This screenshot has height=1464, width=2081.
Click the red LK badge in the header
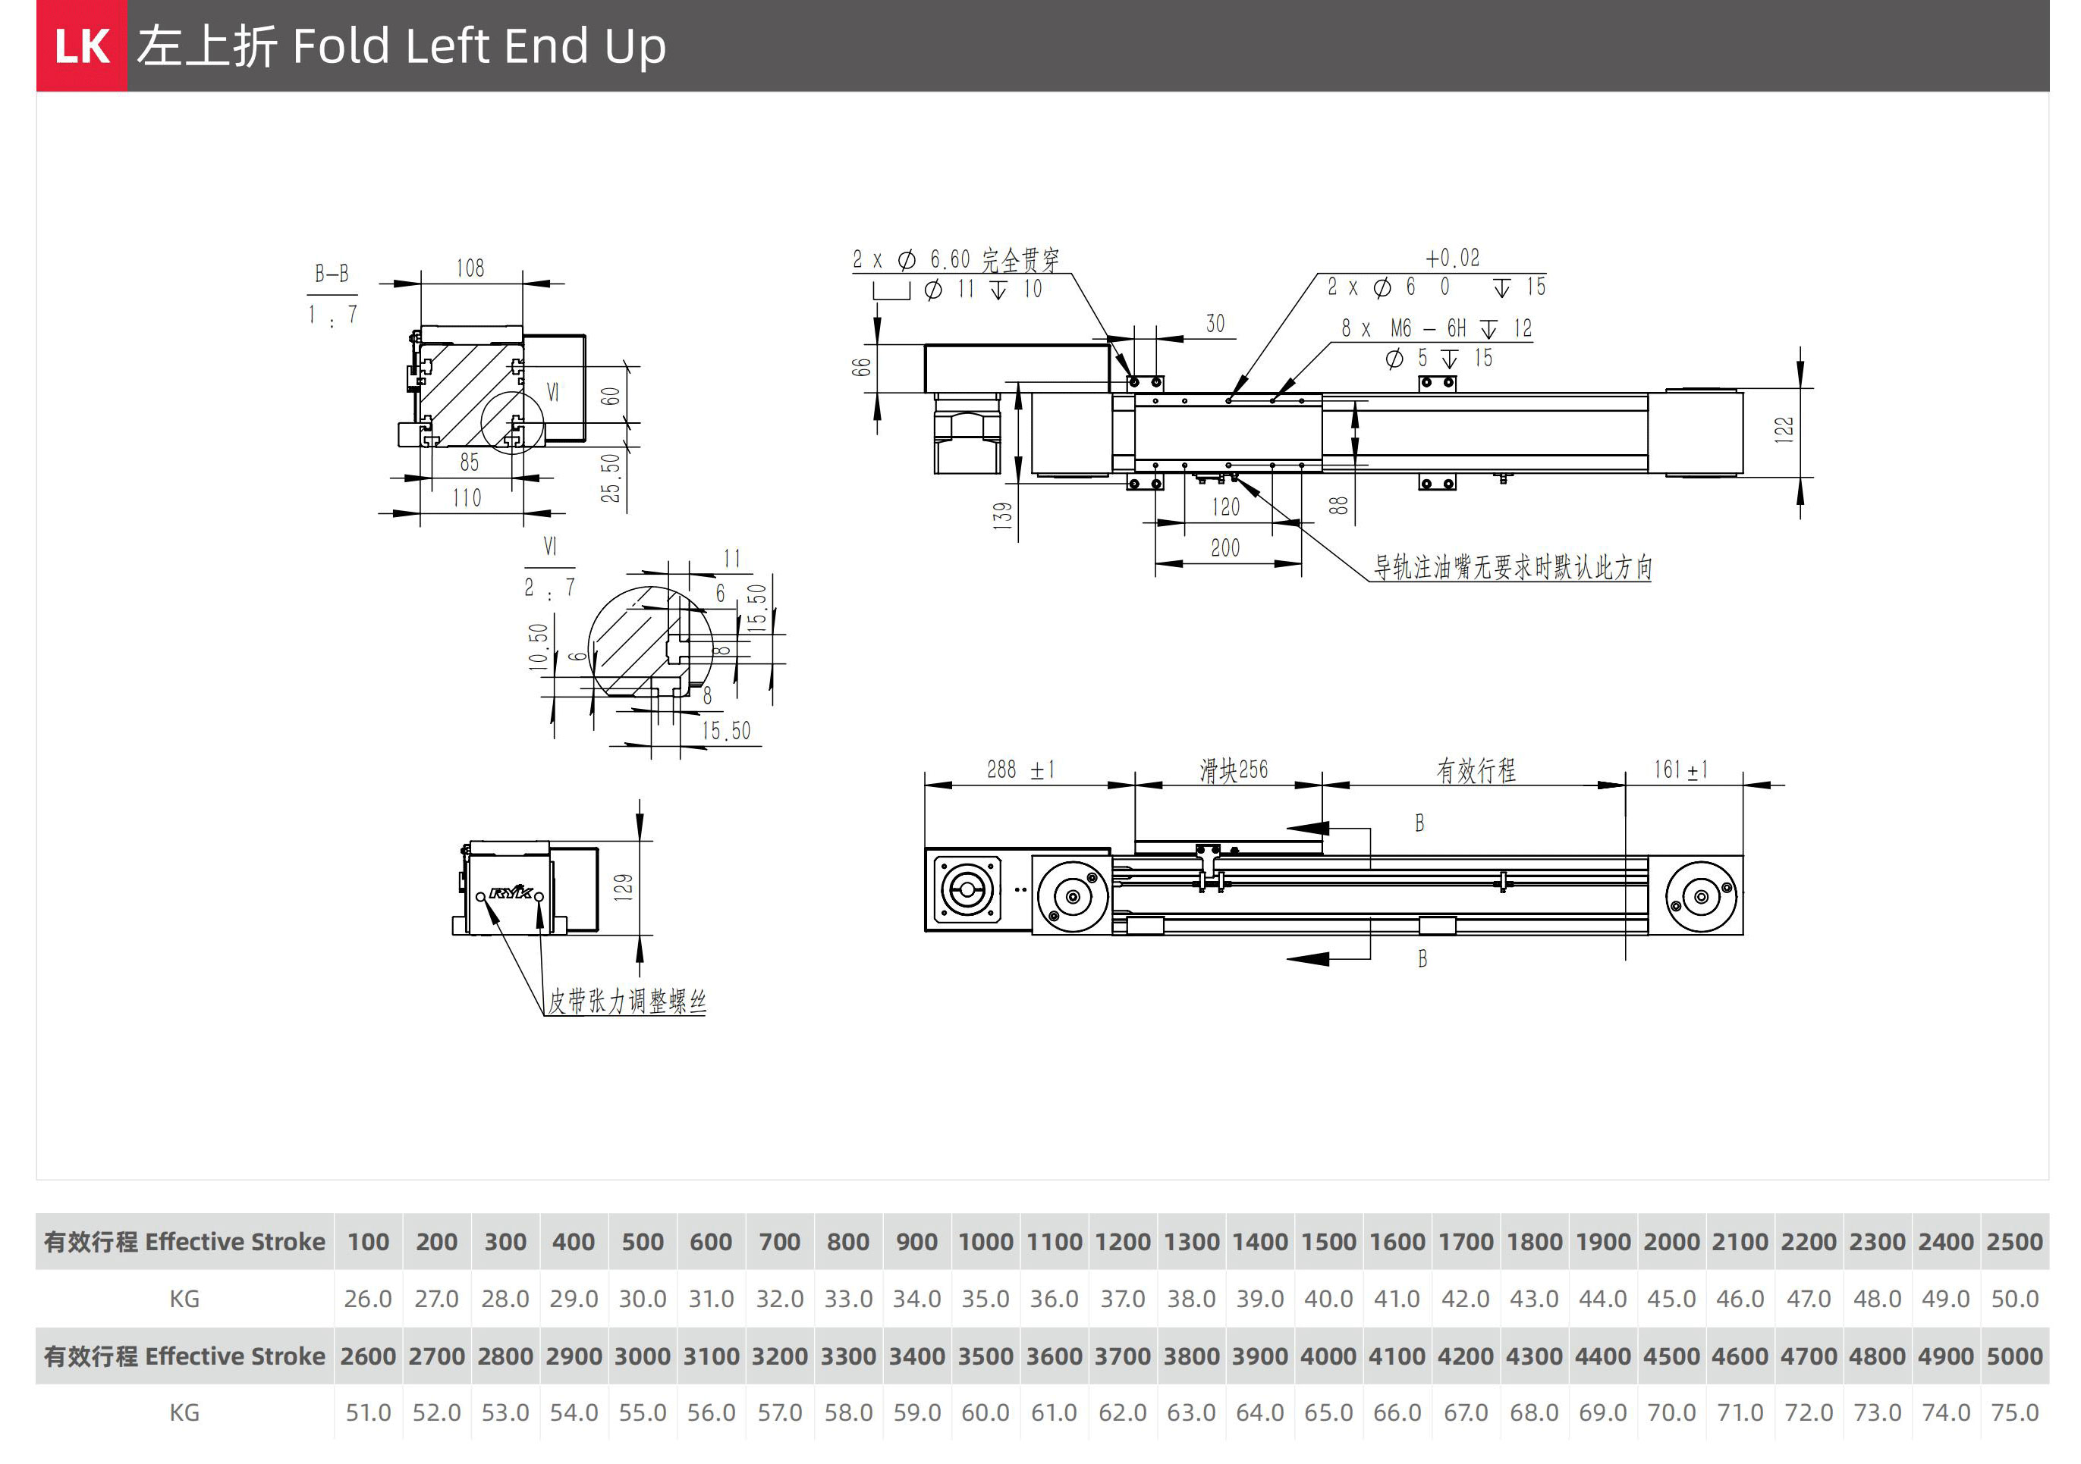click(82, 45)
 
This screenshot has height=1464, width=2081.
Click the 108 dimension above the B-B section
click(470, 268)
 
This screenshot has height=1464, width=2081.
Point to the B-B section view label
click(332, 274)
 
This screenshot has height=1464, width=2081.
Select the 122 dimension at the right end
click(1784, 429)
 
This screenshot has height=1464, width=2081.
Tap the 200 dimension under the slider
click(1225, 548)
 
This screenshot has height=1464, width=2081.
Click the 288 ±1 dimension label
click(1020, 770)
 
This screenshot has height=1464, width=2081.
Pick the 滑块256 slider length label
click(1234, 770)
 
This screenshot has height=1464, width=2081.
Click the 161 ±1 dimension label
click(1680, 770)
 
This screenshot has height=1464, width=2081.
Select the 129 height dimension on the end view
click(624, 886)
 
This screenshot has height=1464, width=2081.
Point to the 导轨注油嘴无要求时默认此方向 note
click(1513, 567)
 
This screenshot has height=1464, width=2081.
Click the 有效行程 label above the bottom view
click(1476, 771)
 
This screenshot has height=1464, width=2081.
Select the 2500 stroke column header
click(2014, 1242)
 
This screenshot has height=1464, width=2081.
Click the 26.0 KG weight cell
click(368, 1299)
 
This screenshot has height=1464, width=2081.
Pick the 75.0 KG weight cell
click(2014, 1413)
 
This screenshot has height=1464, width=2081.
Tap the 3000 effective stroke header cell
click(642, 1356)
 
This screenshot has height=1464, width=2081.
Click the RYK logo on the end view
click(511, 893)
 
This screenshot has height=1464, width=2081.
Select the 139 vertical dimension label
click(1002, 516)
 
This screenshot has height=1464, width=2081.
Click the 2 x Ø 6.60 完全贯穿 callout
click(955, 261)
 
